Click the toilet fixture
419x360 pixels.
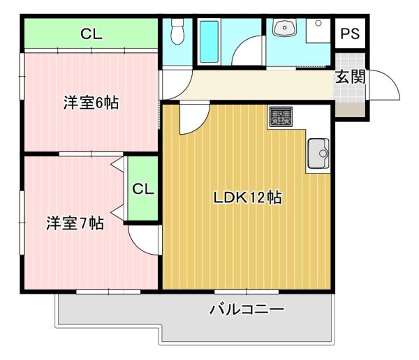[x=177, y=31]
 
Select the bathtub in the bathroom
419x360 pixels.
[x=209, y=42]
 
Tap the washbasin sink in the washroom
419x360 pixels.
[x=284, y=27]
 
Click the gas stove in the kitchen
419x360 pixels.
[x=281, y=117]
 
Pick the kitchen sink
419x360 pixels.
[x=318, y=153]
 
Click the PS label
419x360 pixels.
[x=350, y=33]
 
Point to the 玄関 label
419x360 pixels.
[x=351, y=77]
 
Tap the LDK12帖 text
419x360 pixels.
[x=247, y=197]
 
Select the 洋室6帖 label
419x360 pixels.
[x=91, y=103]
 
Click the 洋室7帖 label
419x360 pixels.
[x=75, y=223]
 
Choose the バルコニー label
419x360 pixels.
[x=247, y=309]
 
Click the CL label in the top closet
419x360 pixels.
[x=91, y=34]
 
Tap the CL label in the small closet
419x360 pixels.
[x=143, y=189]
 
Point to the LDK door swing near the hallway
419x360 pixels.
[x=202, y=123]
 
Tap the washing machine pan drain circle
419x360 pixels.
[x=318, y=23]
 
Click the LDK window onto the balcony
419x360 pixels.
[x=247, y=292]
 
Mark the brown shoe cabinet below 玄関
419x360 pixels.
[x=350, y=110]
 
